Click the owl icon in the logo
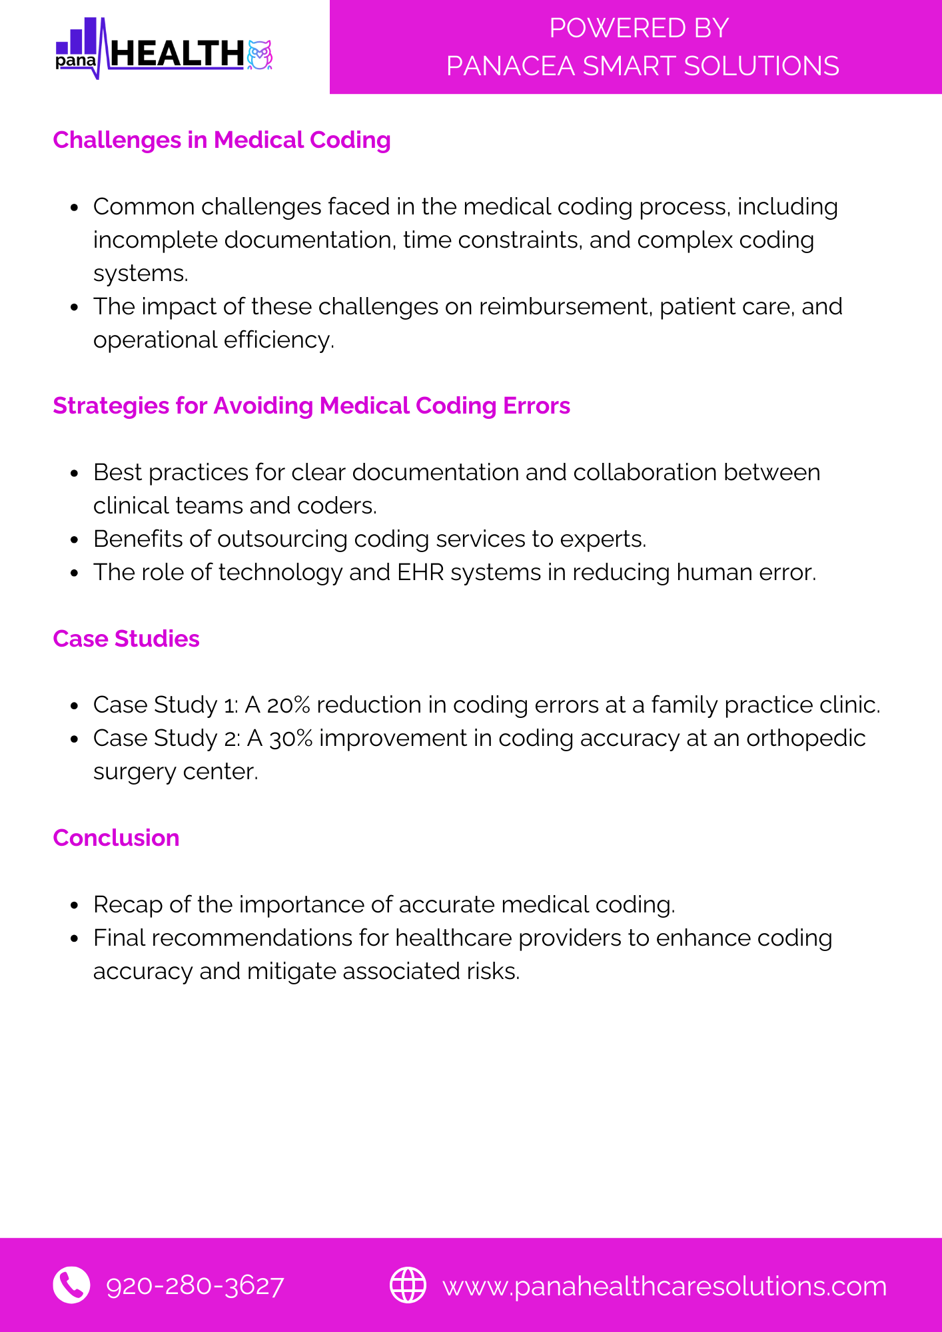point(260,55)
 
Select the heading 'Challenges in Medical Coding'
point(222,141)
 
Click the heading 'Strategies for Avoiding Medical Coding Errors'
point(311,406)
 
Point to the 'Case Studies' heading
point(126,639)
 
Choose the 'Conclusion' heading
point(116,838)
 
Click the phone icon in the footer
point(71,1285)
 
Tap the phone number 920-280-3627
point(195,1286)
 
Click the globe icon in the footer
point(408,1285)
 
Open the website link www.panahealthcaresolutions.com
point(664,1287)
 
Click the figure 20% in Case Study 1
point(290,705)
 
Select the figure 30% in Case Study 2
point(291,739)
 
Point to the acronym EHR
point(420,573)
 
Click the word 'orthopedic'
point(805,739)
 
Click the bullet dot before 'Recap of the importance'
point(75,906)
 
